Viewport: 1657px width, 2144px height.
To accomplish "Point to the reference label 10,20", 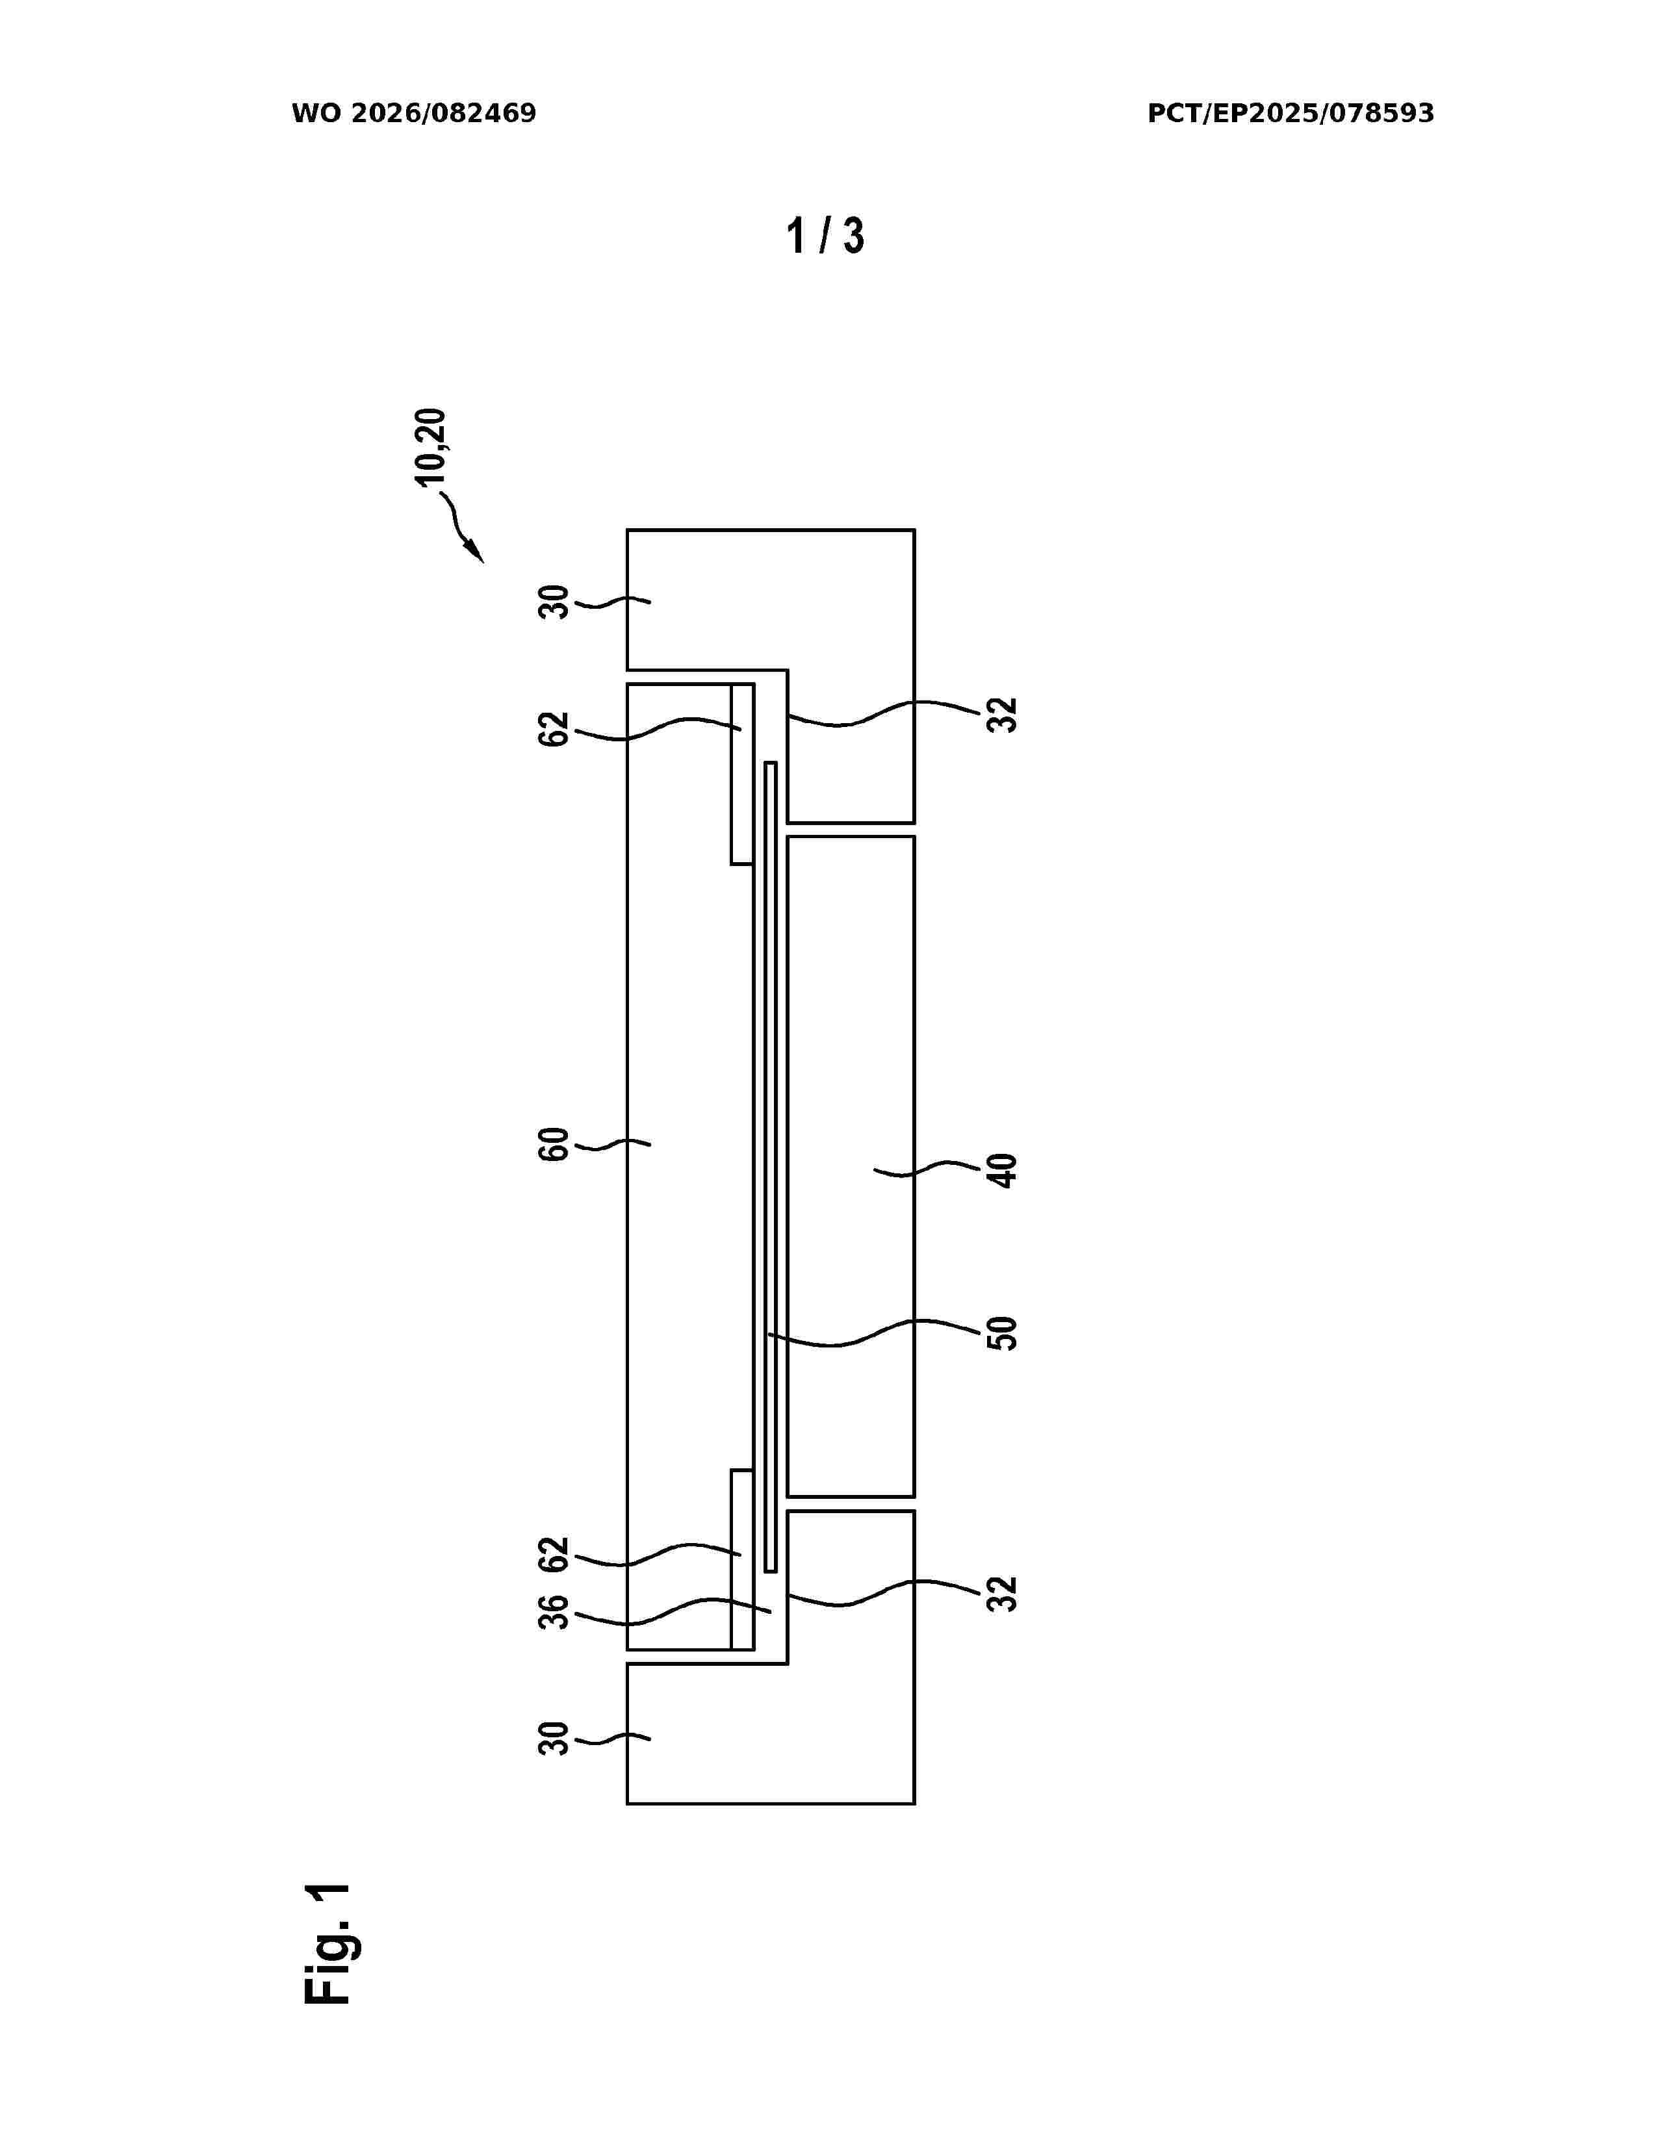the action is coord(430,447).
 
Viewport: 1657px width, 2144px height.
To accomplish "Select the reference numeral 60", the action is coord(554,1145).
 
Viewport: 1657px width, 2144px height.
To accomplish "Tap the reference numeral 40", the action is coord(1002,1170).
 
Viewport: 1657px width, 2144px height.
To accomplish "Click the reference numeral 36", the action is coord(554,1613).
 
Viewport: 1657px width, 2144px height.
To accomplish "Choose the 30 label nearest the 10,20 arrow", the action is coord(554,602).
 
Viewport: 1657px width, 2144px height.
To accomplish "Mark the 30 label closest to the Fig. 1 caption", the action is coord(554,1739).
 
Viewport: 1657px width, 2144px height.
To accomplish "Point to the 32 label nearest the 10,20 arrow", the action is coord(1002,715).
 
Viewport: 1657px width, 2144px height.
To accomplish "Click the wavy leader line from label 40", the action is coord(929,1168).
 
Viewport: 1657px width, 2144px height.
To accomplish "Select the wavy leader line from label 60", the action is coord(613,1143).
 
